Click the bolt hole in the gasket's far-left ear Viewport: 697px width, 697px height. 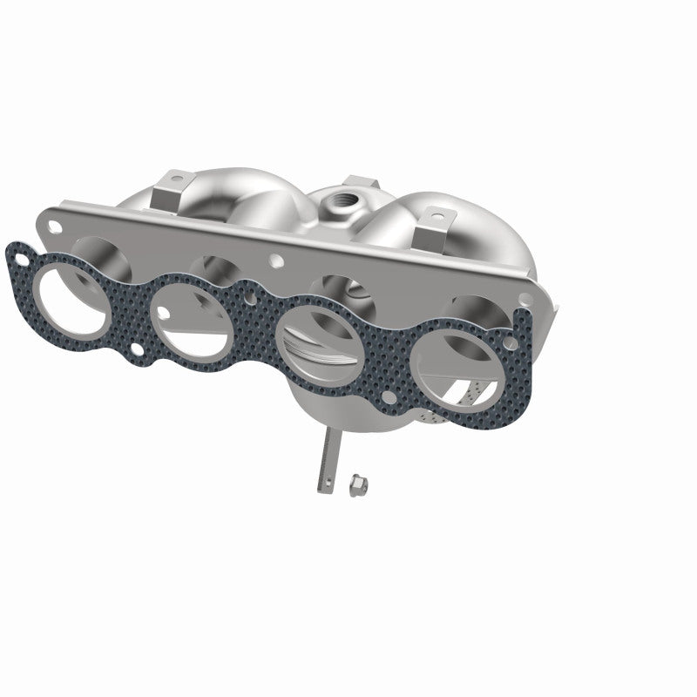(x=18, y=254)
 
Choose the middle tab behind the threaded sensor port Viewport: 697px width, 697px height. (x=354, y=186)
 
